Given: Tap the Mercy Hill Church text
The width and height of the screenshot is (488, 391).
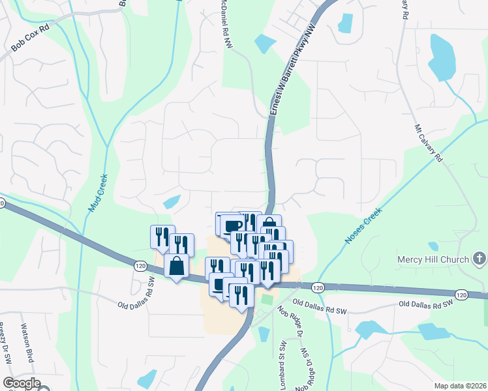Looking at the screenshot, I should click(x=433, y=260).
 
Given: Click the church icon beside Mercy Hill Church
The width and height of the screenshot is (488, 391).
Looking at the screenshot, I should click(x=480, y=259).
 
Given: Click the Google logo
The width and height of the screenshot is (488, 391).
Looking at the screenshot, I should click(x=22, y=384).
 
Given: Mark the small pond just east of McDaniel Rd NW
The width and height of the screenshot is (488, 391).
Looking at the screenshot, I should click(x=265, y=44).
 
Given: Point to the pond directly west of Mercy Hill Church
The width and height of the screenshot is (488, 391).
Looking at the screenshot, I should click(x=433, y=246).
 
